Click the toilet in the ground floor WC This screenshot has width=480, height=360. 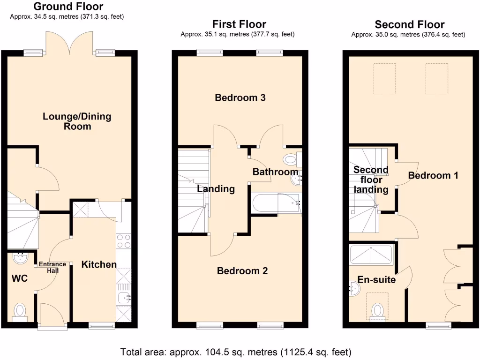(x=20, y=310)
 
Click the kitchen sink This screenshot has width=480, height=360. (x=124, y=297)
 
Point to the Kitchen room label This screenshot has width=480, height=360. (x=99, y=264)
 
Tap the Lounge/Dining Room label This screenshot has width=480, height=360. (x=77, y=121)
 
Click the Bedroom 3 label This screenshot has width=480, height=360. (x=240, y=97)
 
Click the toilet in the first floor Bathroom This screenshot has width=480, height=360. (x=292, y=159)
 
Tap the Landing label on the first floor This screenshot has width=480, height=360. (x=216, y=189)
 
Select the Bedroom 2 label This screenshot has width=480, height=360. (x=242, y=270)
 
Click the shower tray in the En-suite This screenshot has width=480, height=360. (x=371, y=255)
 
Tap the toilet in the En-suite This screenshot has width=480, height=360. (x=377, y=310)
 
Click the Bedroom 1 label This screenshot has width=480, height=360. (x=433, y=175)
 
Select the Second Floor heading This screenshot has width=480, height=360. (x=409, y=24)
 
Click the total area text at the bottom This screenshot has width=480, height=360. (x=236, y=352)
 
